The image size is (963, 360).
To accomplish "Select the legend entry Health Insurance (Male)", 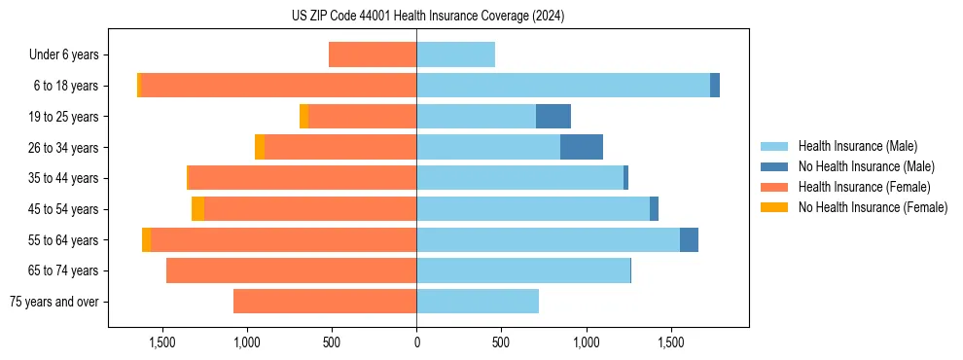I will (x=857, y=146).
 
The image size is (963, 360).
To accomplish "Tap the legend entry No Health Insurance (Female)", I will (x=873, y=207).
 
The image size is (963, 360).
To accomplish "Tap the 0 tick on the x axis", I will (x=416, y=342).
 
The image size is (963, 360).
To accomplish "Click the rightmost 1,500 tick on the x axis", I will (x=671, y=342).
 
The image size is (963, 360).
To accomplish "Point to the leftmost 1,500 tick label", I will (x=161, y=342).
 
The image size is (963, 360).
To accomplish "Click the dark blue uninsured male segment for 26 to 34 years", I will (x=582, y=147).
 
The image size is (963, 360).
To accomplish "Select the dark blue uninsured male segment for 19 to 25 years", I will (x=553, y=116).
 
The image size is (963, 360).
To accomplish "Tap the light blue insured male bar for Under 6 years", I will (x=455, y=54).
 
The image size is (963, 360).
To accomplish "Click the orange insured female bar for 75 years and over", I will (x=325, y=302).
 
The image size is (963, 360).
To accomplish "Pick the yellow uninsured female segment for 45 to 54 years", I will (x=198, y=209).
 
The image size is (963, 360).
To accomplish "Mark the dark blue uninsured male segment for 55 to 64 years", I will (x=689, y=239).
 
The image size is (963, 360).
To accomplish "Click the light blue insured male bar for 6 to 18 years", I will (x=563, y=86).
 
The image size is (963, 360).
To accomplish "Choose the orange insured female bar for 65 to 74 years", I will (x=292, y=270).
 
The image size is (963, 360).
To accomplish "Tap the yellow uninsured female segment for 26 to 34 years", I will (x=260, y=147).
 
